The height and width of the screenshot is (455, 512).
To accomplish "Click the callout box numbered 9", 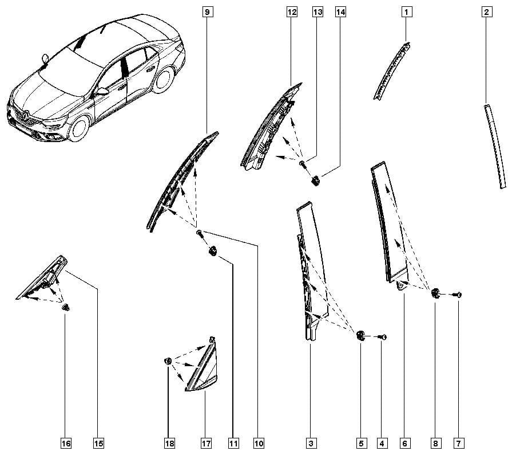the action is tap(207, 12).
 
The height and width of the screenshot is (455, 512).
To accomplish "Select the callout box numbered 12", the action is tap(292, 12).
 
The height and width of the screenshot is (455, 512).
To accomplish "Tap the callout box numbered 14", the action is tap(340, 12).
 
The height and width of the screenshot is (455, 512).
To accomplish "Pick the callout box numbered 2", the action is tap(486, 12).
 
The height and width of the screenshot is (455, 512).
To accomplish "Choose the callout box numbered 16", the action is tap(66, 443).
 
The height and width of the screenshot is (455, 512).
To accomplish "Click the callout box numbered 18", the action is tap(169, 443).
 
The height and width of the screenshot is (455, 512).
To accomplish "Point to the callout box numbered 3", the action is tap(311, 443).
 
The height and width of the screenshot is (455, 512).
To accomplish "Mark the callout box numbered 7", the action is tap(459, 443).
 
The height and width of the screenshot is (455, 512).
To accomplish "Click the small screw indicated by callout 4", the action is tap(382, 337).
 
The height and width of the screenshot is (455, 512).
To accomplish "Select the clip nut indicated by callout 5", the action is tap(360, 336).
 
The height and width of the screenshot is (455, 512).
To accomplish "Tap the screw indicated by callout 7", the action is tap(457, 295).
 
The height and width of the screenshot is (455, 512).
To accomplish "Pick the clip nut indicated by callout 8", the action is tap(435, 293).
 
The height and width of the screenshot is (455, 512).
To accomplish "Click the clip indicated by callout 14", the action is tap(316, 181).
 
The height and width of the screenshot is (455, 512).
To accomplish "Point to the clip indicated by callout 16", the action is tap(66, 307).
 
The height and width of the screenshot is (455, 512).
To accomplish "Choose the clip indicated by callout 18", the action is tap(168, 361).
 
